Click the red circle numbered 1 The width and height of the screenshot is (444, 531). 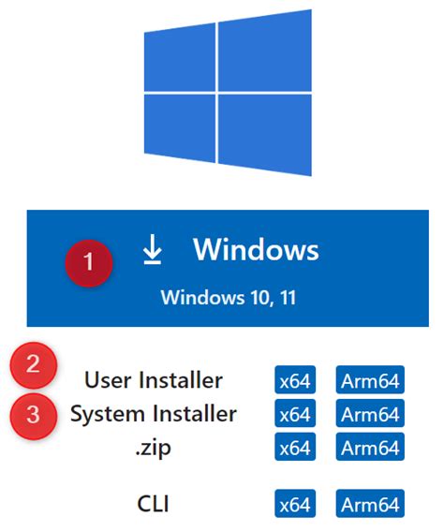point(89,262)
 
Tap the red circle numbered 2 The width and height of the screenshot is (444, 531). point(33,366)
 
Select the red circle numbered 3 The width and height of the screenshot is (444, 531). point(33,414)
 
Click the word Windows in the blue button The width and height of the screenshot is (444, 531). point(256,250)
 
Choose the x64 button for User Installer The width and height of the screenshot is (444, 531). point(294,380)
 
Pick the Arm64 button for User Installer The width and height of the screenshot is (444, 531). point(371,380)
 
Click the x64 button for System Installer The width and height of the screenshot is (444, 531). point(294,414)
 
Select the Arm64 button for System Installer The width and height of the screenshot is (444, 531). point(371,414)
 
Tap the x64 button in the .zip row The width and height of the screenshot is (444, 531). point(294,448)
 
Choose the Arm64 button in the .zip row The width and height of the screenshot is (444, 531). point(371,448)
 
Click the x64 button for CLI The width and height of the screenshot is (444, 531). point(294,505)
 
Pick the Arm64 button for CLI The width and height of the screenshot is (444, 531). point(371,505)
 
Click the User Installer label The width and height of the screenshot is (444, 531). point(154,380)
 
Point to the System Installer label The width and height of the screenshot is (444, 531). point(154,414)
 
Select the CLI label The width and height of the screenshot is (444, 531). point(154,505)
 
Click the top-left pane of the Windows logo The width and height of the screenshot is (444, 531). point(179,59)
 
